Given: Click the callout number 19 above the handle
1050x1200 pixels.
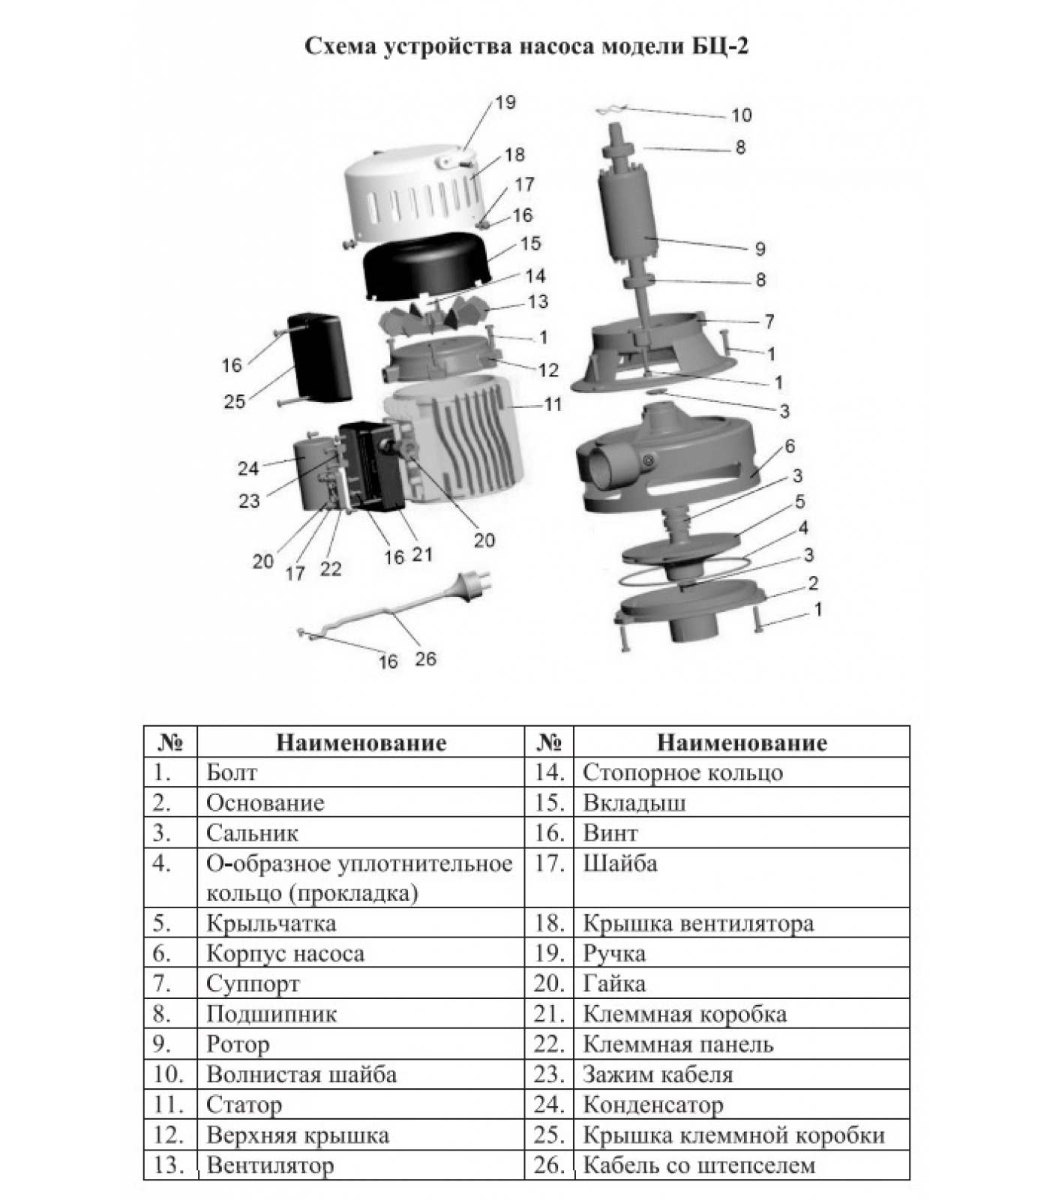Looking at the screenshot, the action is [506, 102].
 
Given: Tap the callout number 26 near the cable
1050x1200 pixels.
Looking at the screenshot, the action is [425, 659].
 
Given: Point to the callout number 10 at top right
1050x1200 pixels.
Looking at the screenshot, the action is [741, 115].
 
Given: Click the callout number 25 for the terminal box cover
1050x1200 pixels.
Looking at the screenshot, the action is [235, 402].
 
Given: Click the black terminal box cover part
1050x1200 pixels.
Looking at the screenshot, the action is [319, 356].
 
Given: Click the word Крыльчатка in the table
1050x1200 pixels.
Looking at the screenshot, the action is [271, 923].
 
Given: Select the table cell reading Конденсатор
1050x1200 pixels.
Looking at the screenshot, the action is [652, 1105].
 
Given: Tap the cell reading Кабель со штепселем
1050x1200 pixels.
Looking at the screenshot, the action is [698, 1165].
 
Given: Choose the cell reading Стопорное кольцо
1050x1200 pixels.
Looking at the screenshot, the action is [682, 772].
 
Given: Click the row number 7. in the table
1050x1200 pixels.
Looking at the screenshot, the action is [162, 983].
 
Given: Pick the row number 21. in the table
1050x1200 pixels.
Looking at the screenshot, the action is [549, 1014].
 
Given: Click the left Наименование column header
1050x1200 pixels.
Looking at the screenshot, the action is [361, 742].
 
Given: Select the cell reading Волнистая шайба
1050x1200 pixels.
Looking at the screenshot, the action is [301, 1075].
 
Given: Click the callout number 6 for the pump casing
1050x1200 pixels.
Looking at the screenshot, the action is [789, 447].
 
